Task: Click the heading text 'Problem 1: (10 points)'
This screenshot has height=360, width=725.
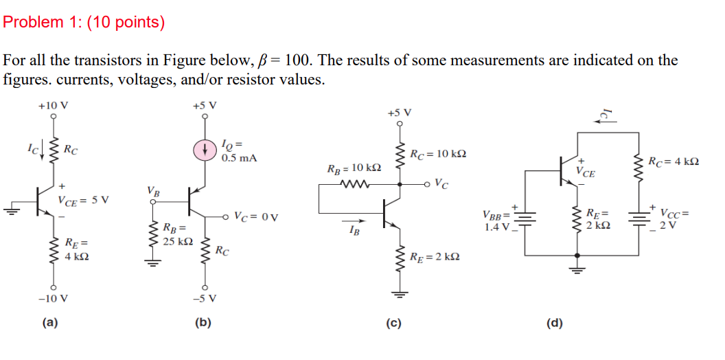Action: click(x=84, y=23)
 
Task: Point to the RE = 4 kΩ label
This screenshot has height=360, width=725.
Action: click(x=76, y=249)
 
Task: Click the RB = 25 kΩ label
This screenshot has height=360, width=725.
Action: click(x=176, y=234)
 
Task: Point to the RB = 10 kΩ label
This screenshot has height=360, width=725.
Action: click(x=354, y=168)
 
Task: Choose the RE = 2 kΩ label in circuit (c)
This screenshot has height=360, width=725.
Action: click(x=434, y=257)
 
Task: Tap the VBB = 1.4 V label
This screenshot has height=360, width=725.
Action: click(x=496, y=219)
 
